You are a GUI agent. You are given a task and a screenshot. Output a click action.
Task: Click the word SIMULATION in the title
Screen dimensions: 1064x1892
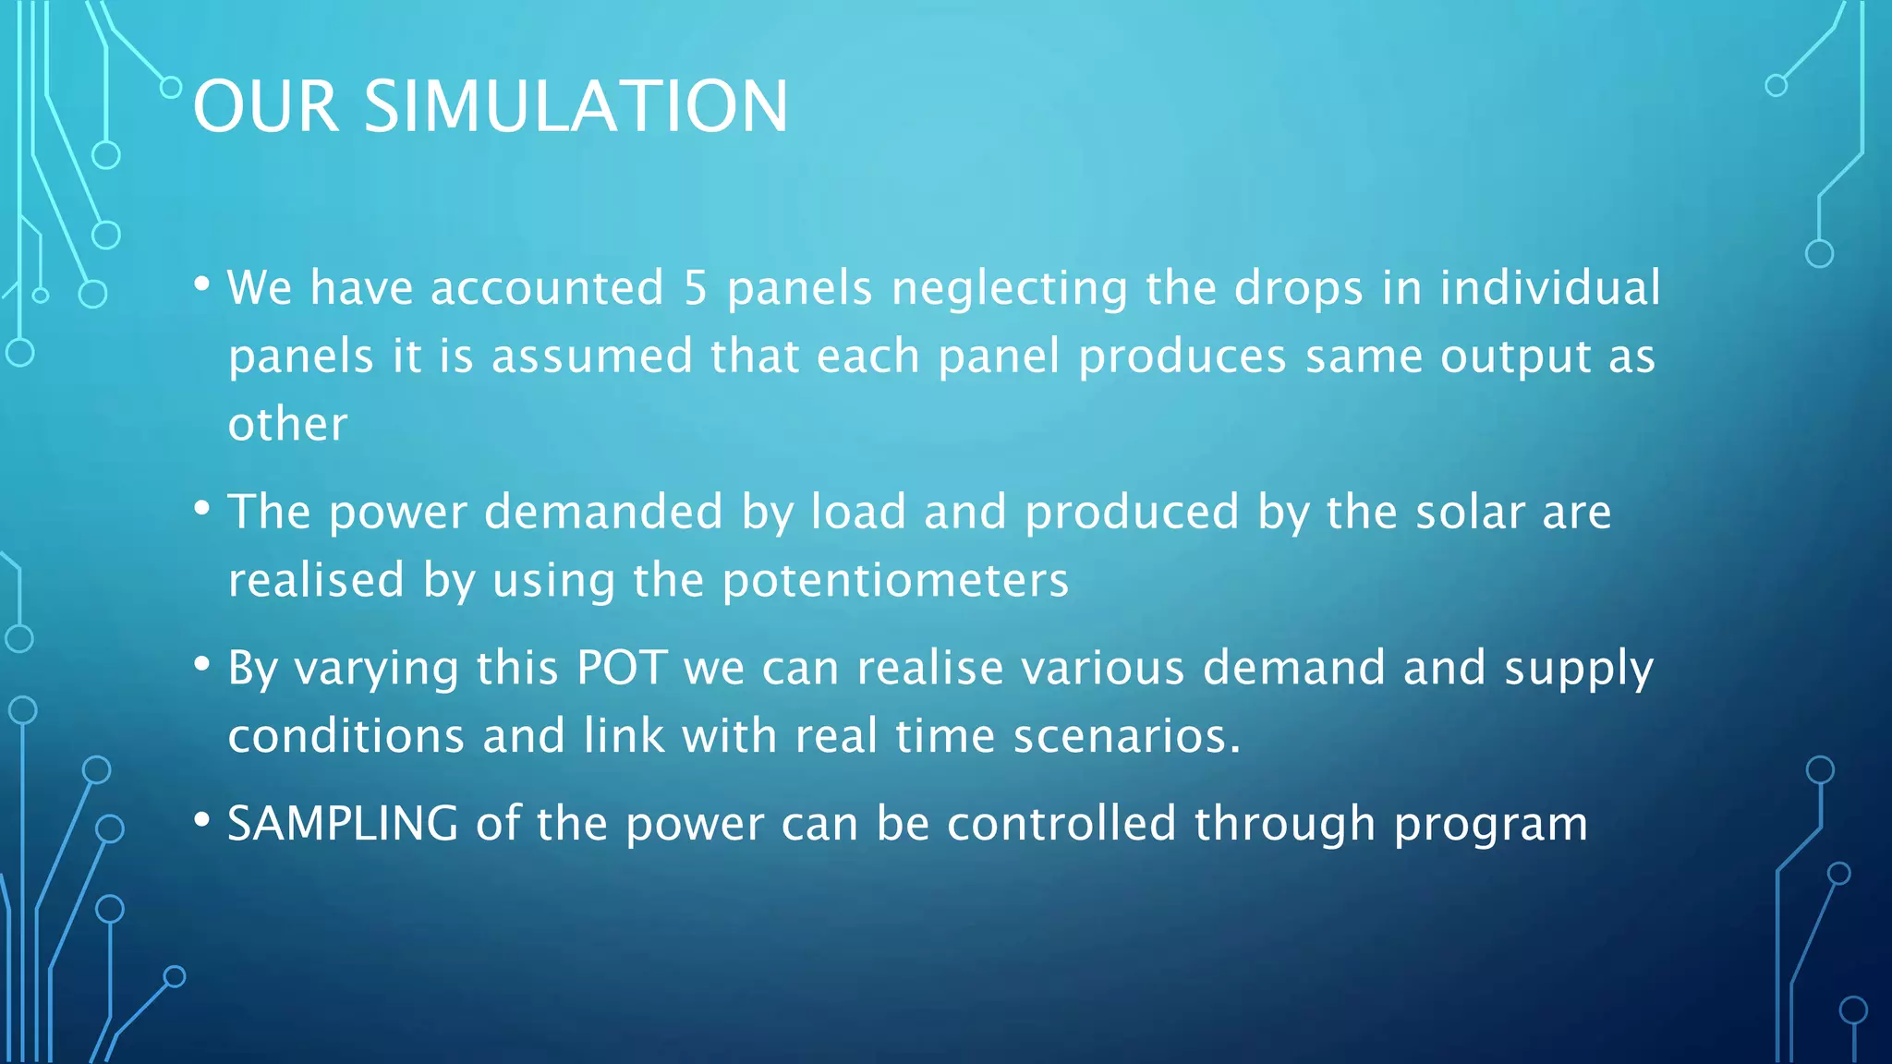[x=576, y=106]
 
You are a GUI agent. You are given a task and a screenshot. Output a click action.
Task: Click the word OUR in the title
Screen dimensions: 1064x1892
[x=266, y=106]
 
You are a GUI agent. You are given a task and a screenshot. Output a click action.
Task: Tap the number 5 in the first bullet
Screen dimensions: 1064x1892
[x=695, y=287]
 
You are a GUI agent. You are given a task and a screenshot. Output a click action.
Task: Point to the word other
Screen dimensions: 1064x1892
[x=287, y=424]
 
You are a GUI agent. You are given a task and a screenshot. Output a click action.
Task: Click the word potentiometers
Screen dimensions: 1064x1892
[x=895, y=581]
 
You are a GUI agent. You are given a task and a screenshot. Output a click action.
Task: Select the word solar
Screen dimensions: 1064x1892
[x=1470, y=512]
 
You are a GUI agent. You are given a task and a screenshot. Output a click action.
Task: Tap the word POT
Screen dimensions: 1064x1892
[x=622, y=667]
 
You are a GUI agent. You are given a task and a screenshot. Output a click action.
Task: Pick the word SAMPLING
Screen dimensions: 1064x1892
[x=343, y=824]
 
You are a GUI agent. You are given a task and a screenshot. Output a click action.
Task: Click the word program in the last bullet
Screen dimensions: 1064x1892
[x=1490, y=825]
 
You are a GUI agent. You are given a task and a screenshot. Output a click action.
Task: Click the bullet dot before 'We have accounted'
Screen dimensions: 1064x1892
[x=202, y=284]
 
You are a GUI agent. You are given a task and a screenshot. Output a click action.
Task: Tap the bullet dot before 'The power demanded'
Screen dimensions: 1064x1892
[x=202, y=509]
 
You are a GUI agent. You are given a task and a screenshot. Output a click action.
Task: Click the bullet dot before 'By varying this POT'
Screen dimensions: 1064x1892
[x=202, y=664]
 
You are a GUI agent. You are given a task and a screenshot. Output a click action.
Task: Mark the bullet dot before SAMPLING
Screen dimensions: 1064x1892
[x=202, y=820]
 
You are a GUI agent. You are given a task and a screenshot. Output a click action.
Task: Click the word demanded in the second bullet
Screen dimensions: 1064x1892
[x=603, y=512]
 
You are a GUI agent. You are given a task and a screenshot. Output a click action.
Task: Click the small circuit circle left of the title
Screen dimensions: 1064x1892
[x=171, y=88]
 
